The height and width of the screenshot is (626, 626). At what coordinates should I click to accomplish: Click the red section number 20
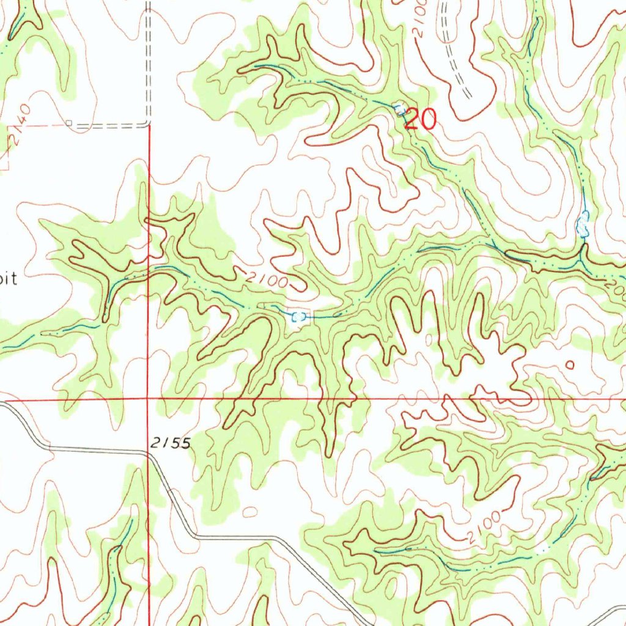(x=421, y=119)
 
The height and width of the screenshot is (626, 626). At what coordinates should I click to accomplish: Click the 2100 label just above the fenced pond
(x=268, y=279)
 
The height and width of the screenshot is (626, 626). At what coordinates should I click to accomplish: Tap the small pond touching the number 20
(x=400, y=109)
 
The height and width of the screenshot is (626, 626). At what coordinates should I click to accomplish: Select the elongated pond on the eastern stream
(x=584, y=224)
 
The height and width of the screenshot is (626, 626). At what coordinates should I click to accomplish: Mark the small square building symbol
(x=69, y=123)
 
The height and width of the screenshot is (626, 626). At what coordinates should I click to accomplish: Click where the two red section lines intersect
(x=149, y=399)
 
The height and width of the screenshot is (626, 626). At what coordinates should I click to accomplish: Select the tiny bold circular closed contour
(x=570, y=365)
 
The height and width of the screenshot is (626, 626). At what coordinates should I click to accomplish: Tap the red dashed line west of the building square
(x=37, y=125)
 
